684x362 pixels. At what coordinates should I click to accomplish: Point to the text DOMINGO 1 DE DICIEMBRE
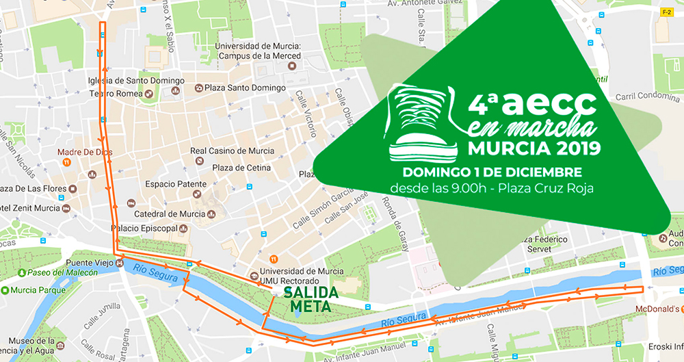pos(492,171)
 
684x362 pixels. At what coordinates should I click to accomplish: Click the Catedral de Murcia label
pos(170,214)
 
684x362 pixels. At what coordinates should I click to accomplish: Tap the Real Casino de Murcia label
pos(232,151)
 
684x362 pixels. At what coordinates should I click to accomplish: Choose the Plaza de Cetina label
pos(241,168)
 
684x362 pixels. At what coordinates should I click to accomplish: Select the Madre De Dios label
pos(85,151)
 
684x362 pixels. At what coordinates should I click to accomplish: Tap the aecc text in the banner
pos(552,103)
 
